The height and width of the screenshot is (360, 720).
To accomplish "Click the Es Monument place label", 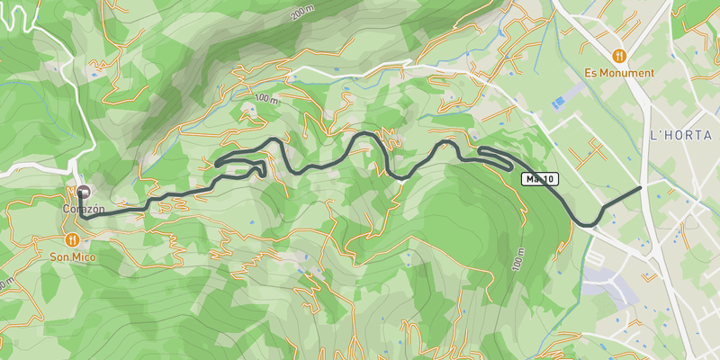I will pyautogui.click(x=618, y=73).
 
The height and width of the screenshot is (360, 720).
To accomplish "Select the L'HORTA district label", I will pyautogui.click(x=680, y=135).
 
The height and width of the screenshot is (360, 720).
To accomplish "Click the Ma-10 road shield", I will pyautogui.click(x=540, y=180).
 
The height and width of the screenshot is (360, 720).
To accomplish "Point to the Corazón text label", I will pyautogui.click(x=84, y=209).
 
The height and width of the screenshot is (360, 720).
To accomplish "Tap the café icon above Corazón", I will pyautogui.click(x=84, y=192).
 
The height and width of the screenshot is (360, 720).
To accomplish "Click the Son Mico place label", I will pyautogui.click(x=71, y=257).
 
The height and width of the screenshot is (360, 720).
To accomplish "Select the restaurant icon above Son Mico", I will pyautogui.click(x=71, y=240).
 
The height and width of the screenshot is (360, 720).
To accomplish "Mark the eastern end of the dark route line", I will pyautogui.click(x=640, y=187).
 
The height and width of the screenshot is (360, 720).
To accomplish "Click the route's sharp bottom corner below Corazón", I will pyautogui.click(x=81, y=216).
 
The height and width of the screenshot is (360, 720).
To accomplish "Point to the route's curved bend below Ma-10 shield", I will pyautogui.click(x=588, y=222).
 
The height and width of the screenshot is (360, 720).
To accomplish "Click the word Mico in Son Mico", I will pyautogui.click(x=83, y=257).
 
